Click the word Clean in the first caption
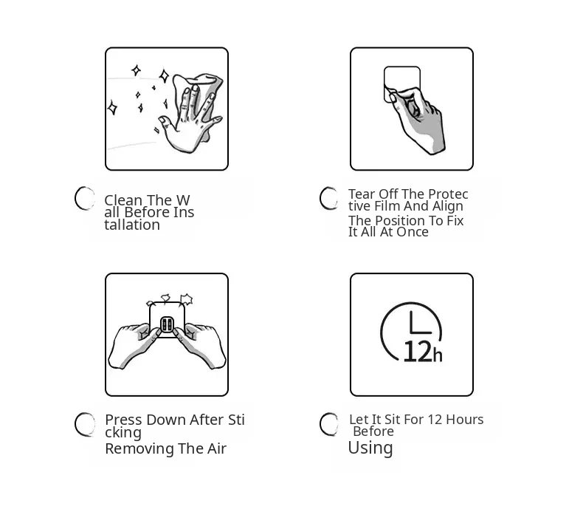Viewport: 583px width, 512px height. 123,200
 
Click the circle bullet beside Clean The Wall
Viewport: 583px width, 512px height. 85,198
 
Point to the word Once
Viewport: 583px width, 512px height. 413,232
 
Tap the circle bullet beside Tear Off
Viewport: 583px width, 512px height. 329,198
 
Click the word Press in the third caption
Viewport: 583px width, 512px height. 124,420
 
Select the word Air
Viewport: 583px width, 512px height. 217,448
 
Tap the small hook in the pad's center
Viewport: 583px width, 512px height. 167,324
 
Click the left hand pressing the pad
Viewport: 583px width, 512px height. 134,346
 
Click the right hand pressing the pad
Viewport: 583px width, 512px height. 200,346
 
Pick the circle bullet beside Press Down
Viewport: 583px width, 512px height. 85,424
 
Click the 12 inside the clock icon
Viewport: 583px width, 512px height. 418,351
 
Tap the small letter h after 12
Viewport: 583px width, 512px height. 438,355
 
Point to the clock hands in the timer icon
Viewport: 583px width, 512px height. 419,322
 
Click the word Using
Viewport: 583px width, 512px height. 370,448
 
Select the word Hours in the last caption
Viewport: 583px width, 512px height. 465,420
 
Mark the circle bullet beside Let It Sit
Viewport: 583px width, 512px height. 329,424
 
